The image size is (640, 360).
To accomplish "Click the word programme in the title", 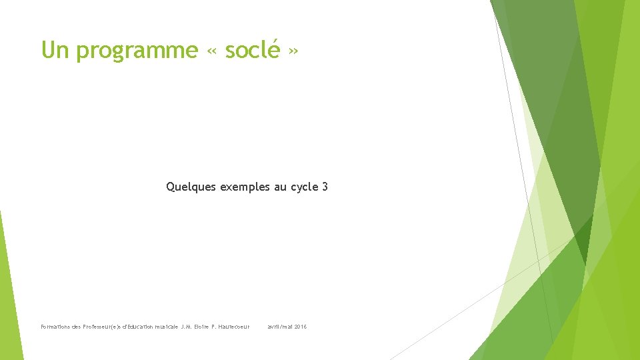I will click(137, 51).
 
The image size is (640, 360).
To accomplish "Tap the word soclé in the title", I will click(252, 50).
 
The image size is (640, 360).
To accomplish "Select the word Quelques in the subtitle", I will click(191, 187).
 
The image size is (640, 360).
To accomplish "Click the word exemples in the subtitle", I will click(245, 187).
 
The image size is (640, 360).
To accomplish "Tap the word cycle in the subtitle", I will click(304, 187).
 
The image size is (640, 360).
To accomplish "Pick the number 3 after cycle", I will click(325, 187).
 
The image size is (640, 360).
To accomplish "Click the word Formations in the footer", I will click(55, 327).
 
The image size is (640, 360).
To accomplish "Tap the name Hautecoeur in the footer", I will click(234, 327).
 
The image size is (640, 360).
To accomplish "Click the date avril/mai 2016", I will click(287, 327).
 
